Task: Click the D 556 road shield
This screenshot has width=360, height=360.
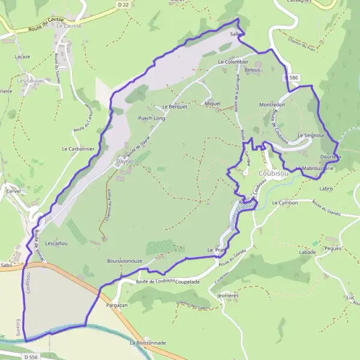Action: (15, 356)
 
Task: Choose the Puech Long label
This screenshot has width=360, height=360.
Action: (151, 118)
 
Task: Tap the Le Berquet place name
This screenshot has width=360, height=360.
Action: (175, 107)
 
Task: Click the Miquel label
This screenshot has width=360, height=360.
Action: (212, 104)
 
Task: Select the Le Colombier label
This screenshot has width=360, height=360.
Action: (233, 62)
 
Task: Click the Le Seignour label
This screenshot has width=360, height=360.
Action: (311, 136)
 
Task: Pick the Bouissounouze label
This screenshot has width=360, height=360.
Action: (124, 262)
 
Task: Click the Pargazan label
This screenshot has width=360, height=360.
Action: (116, 305)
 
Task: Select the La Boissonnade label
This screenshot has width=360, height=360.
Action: (148, 343)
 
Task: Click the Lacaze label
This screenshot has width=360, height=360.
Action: (22, 56)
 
